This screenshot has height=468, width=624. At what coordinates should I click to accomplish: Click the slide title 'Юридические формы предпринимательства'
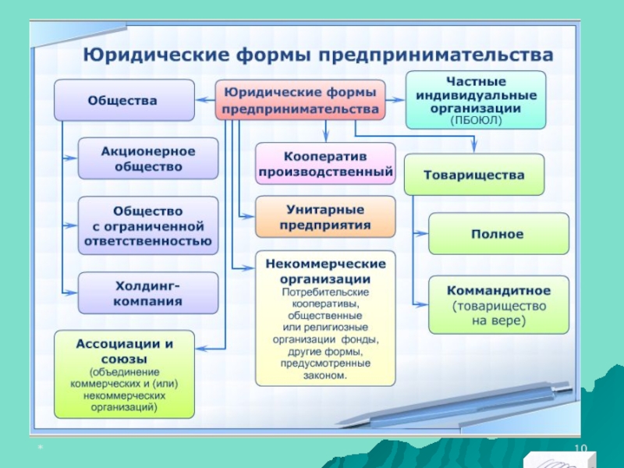318,55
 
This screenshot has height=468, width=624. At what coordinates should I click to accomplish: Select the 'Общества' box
123,100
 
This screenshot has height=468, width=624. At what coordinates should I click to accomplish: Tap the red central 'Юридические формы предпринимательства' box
300,100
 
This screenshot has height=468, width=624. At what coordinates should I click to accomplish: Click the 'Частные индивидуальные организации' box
475,100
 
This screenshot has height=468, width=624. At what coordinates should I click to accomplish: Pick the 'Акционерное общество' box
147,158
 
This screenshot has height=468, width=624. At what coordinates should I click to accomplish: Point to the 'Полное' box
498,233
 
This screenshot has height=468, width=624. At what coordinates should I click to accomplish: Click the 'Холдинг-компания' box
147,292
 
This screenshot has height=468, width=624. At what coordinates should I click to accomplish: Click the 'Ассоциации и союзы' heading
124,349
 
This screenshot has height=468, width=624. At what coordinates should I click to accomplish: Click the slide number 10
580,448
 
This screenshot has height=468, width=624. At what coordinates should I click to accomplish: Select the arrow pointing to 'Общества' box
205,100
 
